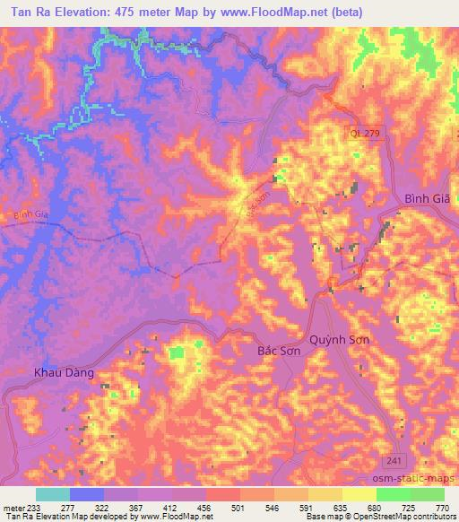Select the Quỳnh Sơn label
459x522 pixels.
(x=339, y=342)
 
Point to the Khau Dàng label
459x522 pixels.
(x=64, y=372)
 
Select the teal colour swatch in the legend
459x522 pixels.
(x=53, y=494)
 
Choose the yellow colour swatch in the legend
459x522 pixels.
(x=359, y=494)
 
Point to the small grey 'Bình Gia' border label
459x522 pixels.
(x=28, y=214)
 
